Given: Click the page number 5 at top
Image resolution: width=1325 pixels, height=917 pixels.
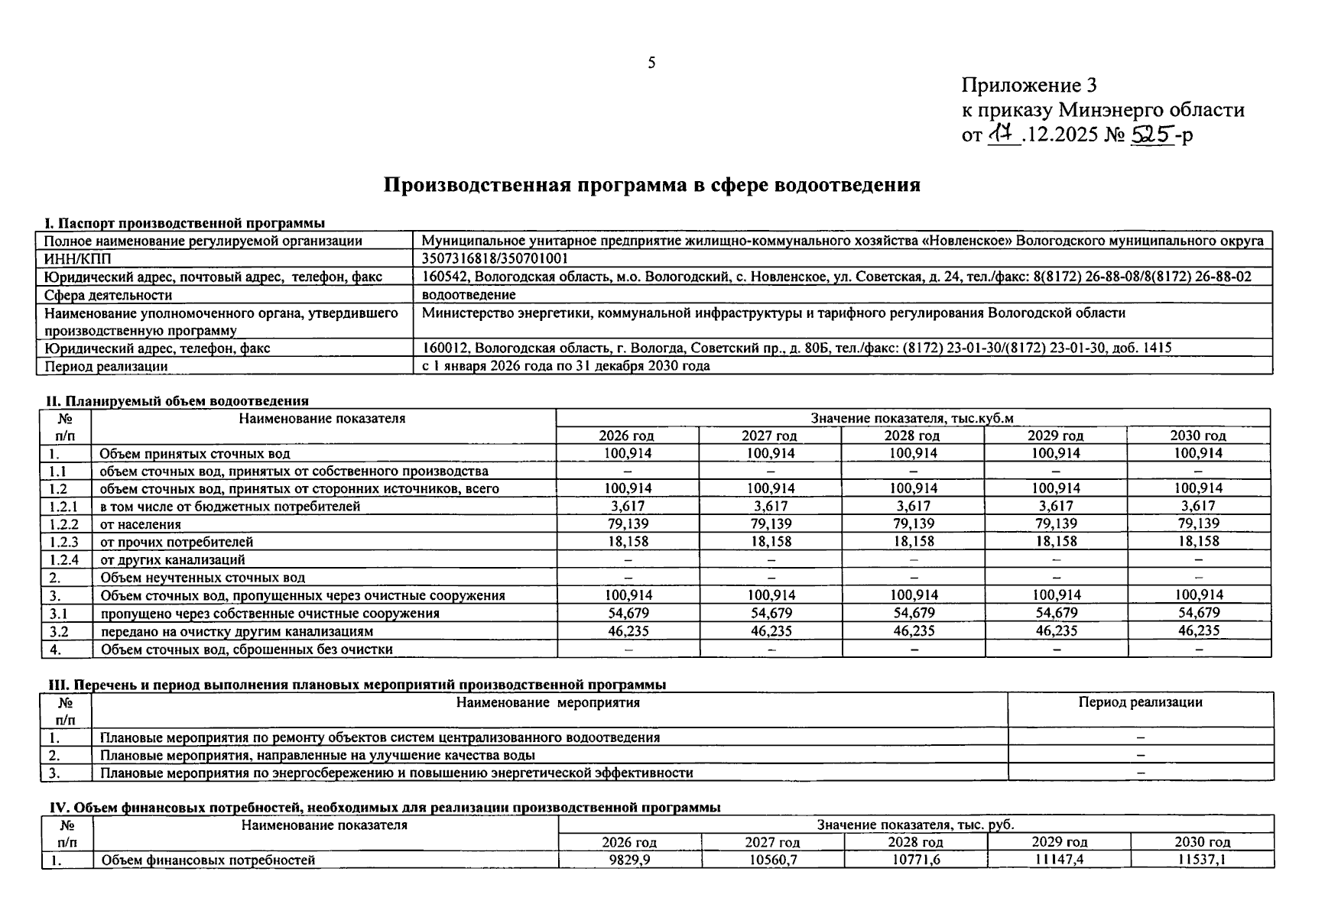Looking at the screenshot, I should tap(651, 63).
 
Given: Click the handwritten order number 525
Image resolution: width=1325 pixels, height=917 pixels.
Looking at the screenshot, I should tap(1152, 134).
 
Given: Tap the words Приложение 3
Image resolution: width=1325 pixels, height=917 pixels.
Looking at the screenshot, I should tap(1029, 85).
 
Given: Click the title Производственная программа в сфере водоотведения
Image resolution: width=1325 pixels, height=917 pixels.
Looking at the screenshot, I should tap(651, 185).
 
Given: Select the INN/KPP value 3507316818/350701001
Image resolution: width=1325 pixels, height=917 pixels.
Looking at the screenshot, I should tap(495, 259).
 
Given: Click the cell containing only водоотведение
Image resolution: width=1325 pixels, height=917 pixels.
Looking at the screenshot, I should tap(469, 295).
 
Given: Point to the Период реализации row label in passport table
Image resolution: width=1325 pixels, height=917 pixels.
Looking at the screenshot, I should tap(106, 366).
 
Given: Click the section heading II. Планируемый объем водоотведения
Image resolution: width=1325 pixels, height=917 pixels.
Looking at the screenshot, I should tap(177, 400).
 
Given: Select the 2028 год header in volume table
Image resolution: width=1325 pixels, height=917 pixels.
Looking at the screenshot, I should tap(912, 436).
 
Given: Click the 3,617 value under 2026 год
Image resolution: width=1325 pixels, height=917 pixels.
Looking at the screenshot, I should tap(627, 506).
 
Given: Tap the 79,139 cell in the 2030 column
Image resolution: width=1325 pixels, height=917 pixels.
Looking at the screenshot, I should tap(1198, 523).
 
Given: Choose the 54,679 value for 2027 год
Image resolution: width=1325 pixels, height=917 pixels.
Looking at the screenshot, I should tap(770, 613).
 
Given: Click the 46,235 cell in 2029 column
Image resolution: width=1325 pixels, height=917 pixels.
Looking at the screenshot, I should tap(1055, 631).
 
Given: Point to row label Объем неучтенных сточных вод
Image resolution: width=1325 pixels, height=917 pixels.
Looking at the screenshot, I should tap(203, 578).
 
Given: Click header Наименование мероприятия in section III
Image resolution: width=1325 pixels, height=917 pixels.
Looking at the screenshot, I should tap(547, 702).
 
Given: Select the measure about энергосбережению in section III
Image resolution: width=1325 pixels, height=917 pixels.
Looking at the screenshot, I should tap(396, 773).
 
